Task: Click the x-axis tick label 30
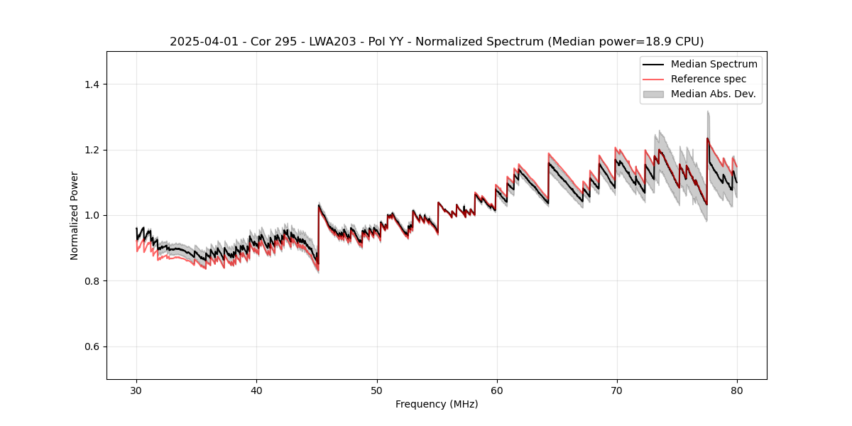pyautogui.click(x=136, y=390)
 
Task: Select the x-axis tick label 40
pyautogui.click(x=256, y=390)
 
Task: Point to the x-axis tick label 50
pyautogui.click(x=376, y=390)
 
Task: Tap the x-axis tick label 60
pyautogui.click(x=496, y=390)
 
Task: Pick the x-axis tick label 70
pyautogui.click(x=616, y=390)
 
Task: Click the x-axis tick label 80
pyautogui.click(x=736, y=390)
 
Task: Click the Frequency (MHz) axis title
pyautogui.click(x=437, y=404)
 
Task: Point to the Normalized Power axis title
pyautogui.click(x=75, y=215)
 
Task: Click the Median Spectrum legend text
pyautogui.click(x=714, y=64)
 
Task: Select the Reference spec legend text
pyautogui.click(x=709, y=79)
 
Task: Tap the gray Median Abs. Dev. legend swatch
pyautogui.click(x=653, y=94)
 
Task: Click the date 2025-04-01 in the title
pyautogui.click(x=198, y=42)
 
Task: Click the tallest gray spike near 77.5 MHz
pyautogui.click(x=708, y=114)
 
